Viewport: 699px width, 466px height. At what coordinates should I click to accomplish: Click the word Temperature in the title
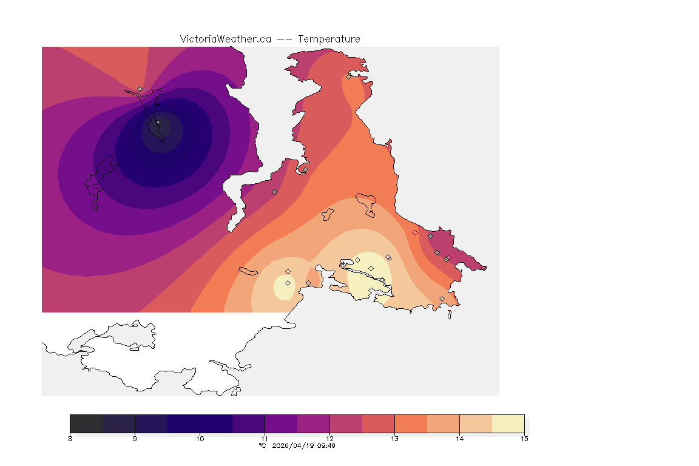[x=329, y=39]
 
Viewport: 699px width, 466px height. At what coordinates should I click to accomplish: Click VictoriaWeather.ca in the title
[x=225, y=39]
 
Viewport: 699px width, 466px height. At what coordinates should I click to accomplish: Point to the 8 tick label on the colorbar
[x=70, y=438]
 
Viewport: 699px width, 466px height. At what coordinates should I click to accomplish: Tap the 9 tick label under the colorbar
[x=135, y=438]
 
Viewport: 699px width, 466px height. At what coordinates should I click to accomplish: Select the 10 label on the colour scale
[x=200, y=438]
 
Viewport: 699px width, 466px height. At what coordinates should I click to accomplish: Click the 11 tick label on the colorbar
[x=265, y=438]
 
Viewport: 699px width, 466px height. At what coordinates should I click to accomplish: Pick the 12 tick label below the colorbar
[x=329, y=438]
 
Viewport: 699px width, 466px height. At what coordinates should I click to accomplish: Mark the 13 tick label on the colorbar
[x=394, y=438]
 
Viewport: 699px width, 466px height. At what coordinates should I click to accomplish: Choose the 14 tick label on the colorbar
[x=459, y=438]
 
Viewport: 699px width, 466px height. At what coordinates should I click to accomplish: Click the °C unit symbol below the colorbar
[x=262, y=445]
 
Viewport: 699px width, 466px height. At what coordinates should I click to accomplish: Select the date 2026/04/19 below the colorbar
[x=296, y=445]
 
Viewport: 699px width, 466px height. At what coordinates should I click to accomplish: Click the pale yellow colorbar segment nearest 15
[x=508, y=423]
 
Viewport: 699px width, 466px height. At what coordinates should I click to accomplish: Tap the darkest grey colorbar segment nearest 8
[x=87, y=423]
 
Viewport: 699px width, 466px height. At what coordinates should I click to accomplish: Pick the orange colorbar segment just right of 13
[x=411, y=423]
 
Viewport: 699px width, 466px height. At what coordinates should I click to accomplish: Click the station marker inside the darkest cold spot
[x=158, y=122]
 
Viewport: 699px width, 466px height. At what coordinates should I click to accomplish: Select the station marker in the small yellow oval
[x=288, y=283]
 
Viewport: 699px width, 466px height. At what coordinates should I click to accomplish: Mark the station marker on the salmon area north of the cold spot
[x=140, y=89]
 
